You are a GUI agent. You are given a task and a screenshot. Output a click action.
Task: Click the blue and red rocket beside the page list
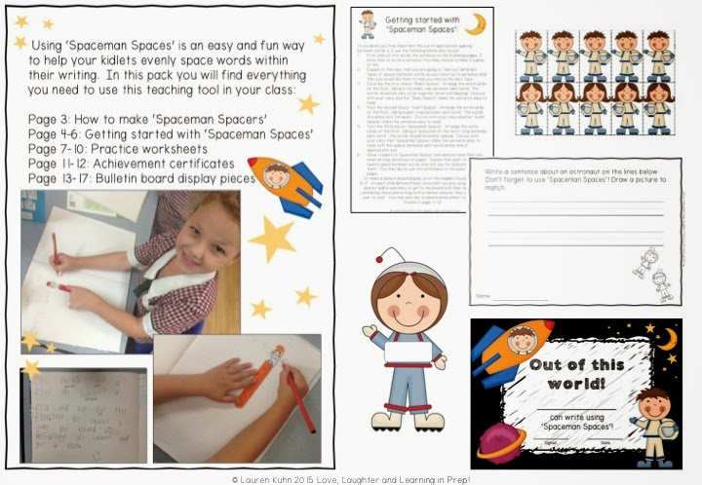[x=290, y=185]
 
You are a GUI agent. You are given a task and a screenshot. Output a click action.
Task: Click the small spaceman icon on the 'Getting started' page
[x=368, y=23]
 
